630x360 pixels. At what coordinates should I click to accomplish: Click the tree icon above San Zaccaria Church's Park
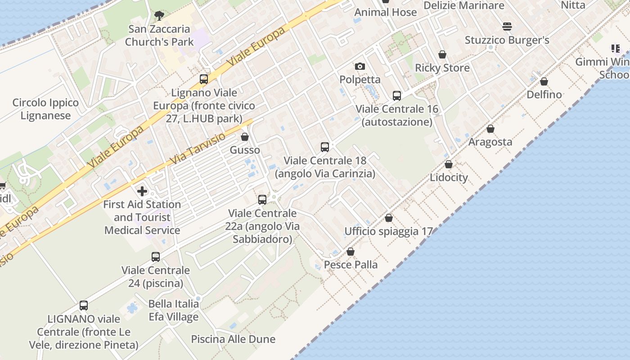pos(159,16)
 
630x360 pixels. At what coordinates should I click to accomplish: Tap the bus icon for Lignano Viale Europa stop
pos(204,80)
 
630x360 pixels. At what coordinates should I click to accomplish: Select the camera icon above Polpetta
pos(360,67)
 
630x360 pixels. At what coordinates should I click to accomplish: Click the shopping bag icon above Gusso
pos(245,137)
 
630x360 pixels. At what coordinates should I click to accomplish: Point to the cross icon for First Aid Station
pos(142,191)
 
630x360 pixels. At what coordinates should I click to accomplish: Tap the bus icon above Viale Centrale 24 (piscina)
pos(156,257)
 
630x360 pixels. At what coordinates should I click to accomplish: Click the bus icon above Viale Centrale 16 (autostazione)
pos(396,96)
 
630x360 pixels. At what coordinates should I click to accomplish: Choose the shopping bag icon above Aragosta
pos(490,129)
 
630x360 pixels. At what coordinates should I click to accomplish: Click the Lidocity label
pos(449,177)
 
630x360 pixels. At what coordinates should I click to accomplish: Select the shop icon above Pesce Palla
pos(351,252)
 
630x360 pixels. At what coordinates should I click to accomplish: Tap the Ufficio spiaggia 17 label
pos(388,231)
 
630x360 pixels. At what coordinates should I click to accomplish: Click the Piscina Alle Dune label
pos(233,339)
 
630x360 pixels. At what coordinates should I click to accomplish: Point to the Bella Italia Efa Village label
pos(174,310)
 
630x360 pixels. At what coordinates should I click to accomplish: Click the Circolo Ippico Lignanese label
pos(45,109)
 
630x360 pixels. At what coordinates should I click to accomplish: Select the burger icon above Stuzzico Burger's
pos(507,27)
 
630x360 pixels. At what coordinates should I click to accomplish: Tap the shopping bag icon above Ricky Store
pos(442,55)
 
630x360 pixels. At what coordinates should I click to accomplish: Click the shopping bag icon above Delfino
pos(544,82)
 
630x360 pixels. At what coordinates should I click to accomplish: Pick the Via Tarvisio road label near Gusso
pos(198,148)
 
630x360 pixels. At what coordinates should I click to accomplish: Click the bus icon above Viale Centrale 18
pos(325,147)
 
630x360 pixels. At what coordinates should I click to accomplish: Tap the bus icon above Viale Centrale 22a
pos(262,200)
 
